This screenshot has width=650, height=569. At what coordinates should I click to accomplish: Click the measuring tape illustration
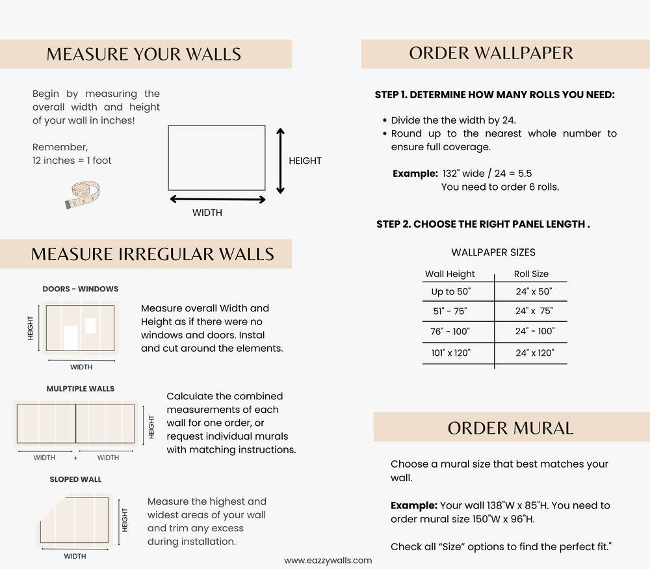pos(82,194)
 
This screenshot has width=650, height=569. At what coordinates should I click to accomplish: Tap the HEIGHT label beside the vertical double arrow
pos(305,161)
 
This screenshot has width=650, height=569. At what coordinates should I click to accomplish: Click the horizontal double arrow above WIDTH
pos(218,200)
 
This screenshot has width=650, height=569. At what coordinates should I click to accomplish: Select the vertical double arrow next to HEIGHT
pos(281,161)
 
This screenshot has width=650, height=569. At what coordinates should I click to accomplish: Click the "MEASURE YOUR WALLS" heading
pos(144,55)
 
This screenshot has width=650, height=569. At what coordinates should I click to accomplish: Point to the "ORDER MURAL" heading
pos(511,428)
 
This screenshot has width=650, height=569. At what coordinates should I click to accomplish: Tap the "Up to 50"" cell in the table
pos(451,291)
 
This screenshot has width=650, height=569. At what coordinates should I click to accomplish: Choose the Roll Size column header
pos(531,274)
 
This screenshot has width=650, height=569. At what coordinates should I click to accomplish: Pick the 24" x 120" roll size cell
pos(535,353)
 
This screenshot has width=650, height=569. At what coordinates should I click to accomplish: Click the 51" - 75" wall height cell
pos(450,311)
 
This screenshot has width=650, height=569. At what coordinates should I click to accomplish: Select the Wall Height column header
pos(450,274)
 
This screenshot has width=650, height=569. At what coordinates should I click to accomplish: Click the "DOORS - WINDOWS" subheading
pos(81,289)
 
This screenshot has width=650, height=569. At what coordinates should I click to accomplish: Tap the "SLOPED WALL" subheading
pos(75,479)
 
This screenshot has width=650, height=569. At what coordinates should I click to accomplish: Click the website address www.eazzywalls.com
pos(328,561)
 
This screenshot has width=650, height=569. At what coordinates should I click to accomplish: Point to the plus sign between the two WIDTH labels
pos(75,458)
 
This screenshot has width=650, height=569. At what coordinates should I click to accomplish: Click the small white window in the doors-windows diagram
pos(90,326)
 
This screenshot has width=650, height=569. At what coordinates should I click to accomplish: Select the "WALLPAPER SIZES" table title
pos(493,252)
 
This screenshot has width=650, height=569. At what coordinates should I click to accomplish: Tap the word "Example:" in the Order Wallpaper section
pos(415,174)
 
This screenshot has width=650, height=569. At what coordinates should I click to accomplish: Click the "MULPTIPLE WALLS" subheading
pos(81,389)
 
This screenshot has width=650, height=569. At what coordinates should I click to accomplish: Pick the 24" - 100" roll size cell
pos(535,332)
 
